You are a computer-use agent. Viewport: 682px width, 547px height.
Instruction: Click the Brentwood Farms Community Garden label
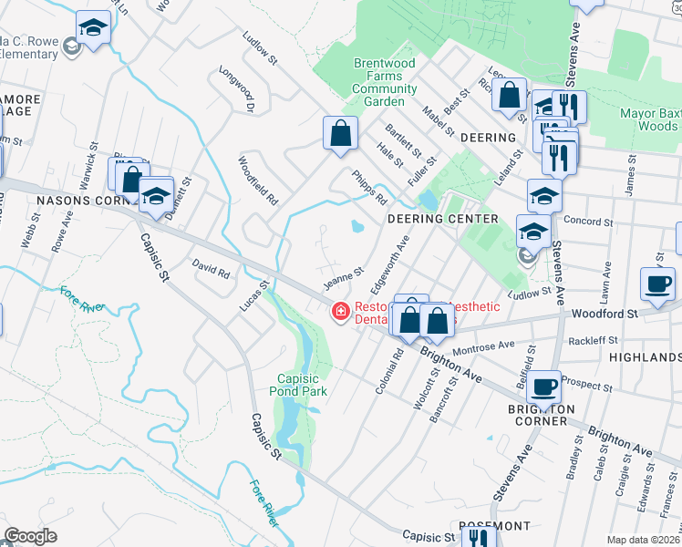(x=385, y=83)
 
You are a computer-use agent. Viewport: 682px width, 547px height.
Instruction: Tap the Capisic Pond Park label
(x=304, y=385)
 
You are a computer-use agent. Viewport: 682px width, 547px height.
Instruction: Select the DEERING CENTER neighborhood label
(x=442, y=220)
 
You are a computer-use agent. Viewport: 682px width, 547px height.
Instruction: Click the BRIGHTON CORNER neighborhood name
(x=542, y=416)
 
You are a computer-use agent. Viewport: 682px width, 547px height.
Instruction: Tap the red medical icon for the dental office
(x=341, y=313)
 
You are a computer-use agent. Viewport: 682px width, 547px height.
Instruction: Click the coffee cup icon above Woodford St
(x=657, y=283)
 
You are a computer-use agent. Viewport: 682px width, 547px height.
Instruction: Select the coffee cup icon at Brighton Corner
(x=545, y=387)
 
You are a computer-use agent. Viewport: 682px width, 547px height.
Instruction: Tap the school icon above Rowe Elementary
(x=92, y=28)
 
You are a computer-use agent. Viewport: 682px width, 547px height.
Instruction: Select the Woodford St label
(x=603, y=314)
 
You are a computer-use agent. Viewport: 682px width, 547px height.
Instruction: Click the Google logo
(x=30, y=536)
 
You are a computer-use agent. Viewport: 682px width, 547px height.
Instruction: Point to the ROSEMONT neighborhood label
(x=495, y=527)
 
